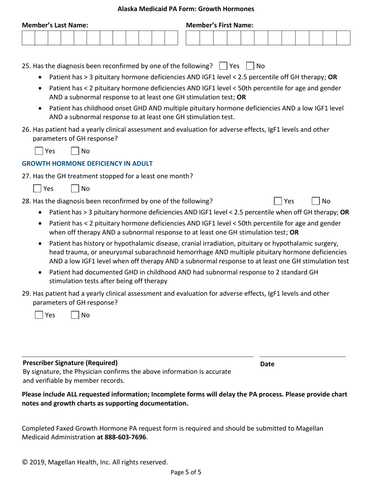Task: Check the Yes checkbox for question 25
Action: click(224, 66)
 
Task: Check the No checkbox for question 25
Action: click(250, 66)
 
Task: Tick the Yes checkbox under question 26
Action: click(39, 151)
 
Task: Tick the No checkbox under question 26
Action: click(75, 151)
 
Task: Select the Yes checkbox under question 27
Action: click(37, 188)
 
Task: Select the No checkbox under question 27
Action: click(75, 188)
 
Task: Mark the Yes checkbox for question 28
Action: click(278, 201)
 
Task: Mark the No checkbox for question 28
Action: click(316, 201)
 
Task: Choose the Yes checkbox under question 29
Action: click(39, 315)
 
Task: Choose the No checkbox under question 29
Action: click(75, 315)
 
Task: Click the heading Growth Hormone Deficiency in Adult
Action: click(87, 163)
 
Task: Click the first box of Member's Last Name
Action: click(29, 38)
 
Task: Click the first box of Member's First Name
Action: click(193, 38)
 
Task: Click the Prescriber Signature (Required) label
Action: click(70, 363)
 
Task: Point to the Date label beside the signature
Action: click(267, 364)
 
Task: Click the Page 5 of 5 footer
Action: click(186, 472)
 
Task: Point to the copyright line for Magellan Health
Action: click(95, 462)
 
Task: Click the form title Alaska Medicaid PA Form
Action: click(186, 9)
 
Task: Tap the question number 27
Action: click(26, 176)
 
